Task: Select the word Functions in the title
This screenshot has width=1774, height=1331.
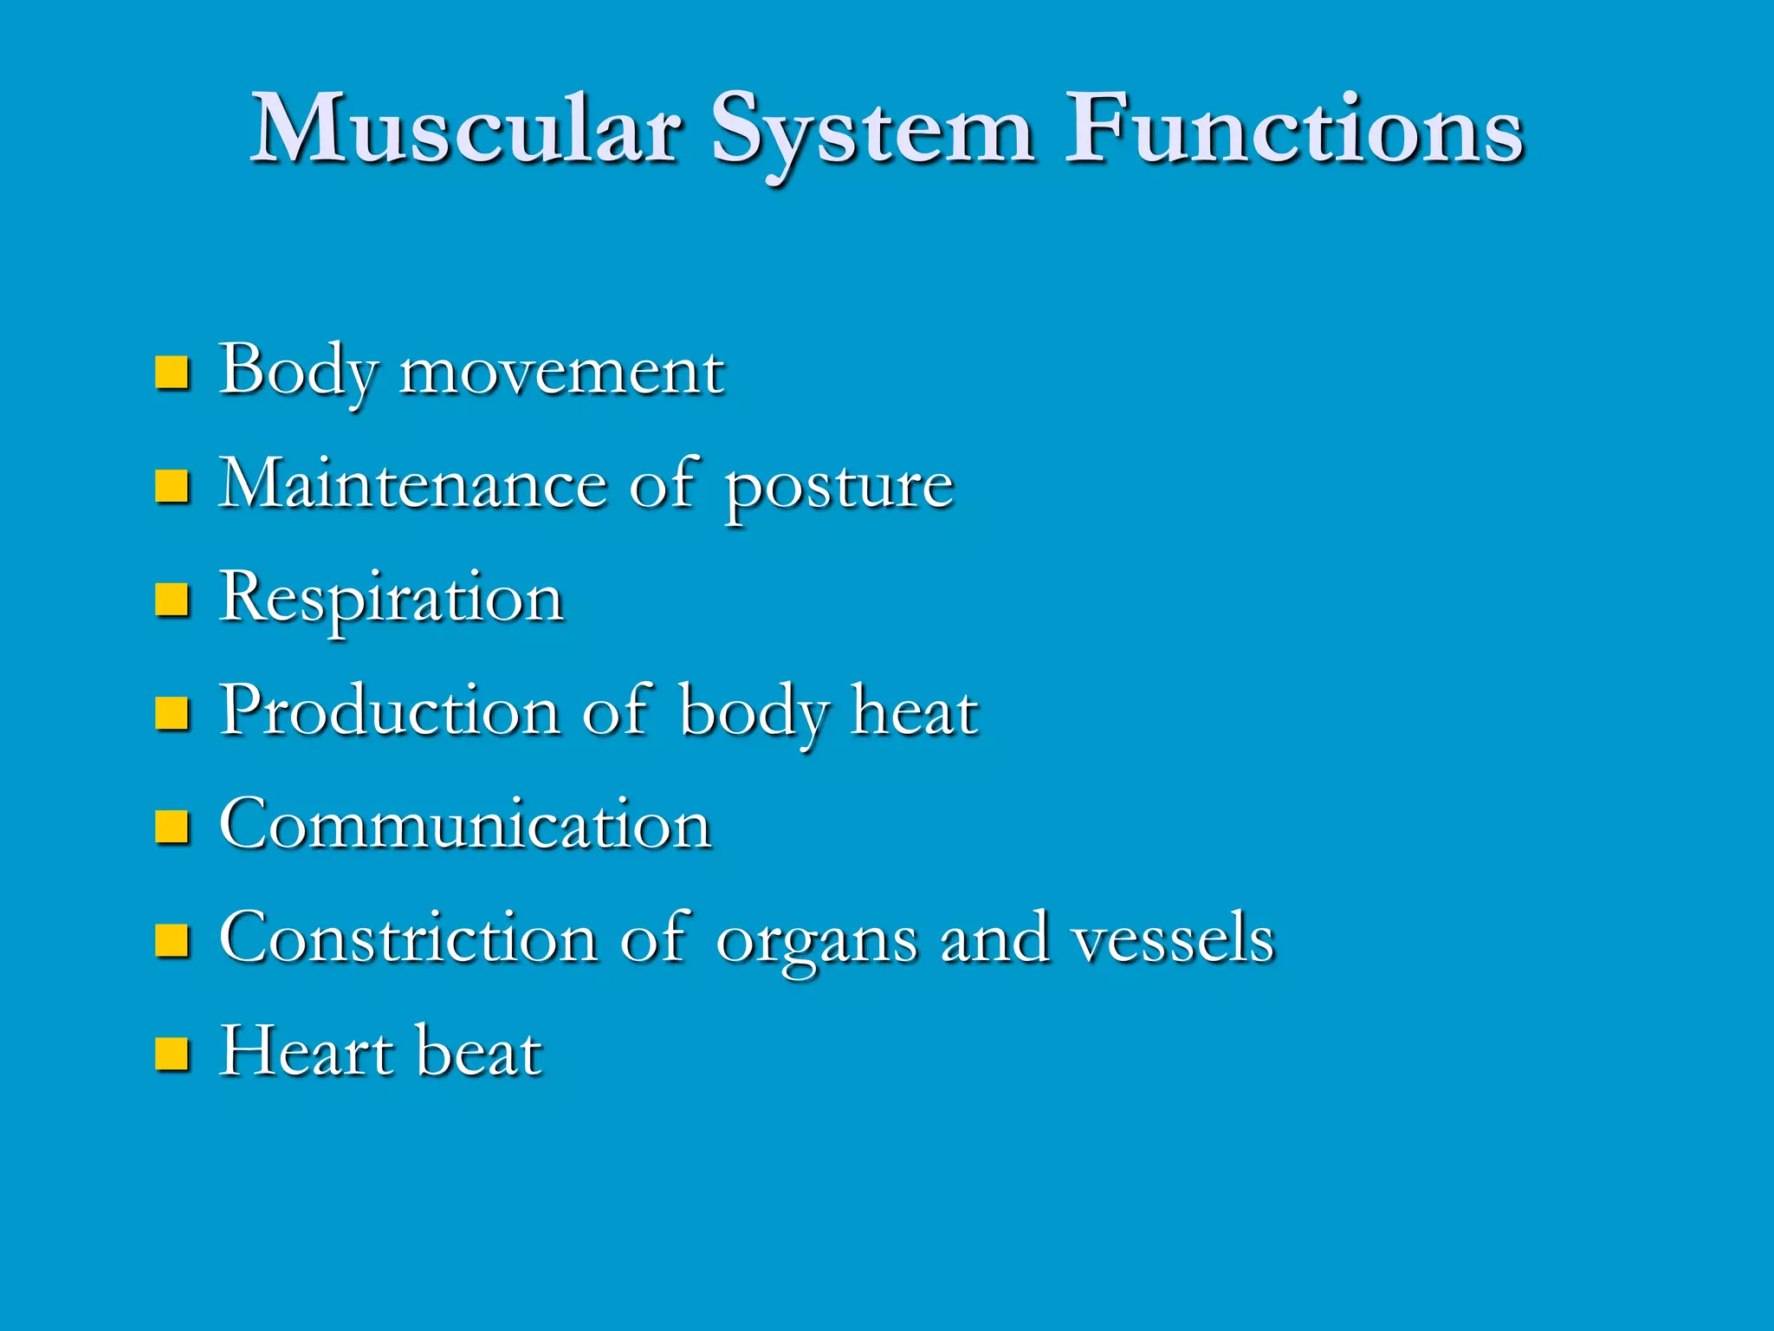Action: (x=1293, y=130)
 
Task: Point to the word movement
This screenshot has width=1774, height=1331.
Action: (x=561, y=373)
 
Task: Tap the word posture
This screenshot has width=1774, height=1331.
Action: (x=838, y=487)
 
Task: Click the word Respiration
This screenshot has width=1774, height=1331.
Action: (x=392, y=599)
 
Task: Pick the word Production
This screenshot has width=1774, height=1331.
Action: (x=390, y=711)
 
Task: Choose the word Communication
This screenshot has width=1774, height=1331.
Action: (x=466, y=824)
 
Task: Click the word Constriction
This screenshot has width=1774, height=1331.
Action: (x=408, y=938)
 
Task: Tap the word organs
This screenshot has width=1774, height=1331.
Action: (x=816, y=941)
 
